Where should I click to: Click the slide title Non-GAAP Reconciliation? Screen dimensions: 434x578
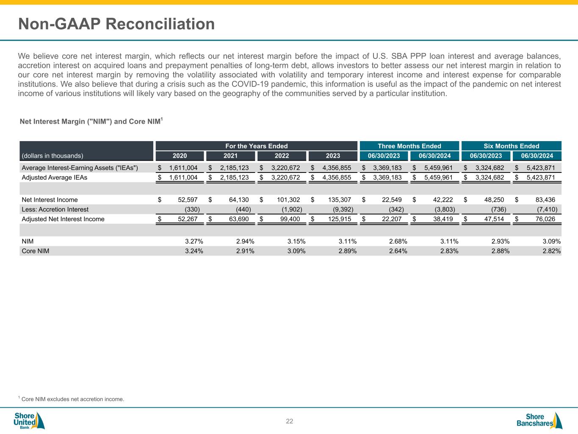coord(116,24)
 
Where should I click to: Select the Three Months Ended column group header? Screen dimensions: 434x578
coord(409,146)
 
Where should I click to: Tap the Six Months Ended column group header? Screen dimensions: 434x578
coord(511,146)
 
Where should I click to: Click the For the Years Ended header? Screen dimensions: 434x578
coord(256,146)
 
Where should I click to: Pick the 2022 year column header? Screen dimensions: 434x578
coord(282,156)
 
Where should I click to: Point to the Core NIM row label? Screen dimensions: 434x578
coord(36,251)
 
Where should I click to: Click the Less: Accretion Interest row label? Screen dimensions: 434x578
coord(55,209)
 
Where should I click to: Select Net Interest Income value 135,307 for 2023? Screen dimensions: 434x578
coord(337,200)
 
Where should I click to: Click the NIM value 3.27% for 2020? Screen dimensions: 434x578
coord(194,241)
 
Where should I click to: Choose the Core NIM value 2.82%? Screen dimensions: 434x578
coord(552,251)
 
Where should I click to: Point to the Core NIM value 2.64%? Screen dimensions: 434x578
coord(398,251)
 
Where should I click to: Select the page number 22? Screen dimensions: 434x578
coord(289,421)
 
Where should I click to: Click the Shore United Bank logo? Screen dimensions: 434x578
coord(29,420)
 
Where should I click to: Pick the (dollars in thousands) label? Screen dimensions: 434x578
coord(53,156)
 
